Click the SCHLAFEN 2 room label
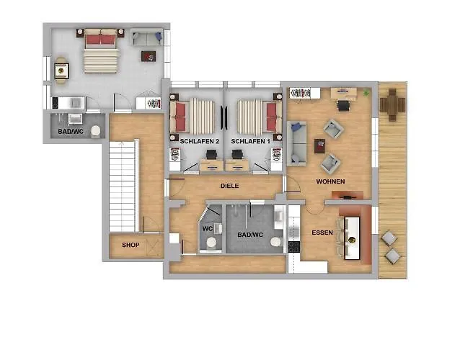point(200,142)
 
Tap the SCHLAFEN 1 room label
point(250,142)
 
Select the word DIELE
point(230,186)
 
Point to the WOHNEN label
point(330,181)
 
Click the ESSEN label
point(322,233)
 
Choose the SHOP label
point(131,245)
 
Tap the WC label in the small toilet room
point(207,228)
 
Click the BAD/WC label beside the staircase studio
point(71,132)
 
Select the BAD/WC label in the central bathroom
point(250,235)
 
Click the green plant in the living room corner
point(366,93)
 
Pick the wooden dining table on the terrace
point(392,105)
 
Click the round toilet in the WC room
point(211,243)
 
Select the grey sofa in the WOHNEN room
point(297,143)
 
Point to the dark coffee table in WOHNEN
point(320,146)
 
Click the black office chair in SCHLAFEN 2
point(211,154)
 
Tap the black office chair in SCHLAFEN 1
point(237,154)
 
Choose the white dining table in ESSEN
point(352,238)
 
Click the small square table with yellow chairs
point(61,71)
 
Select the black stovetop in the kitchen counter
point(293,246)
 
